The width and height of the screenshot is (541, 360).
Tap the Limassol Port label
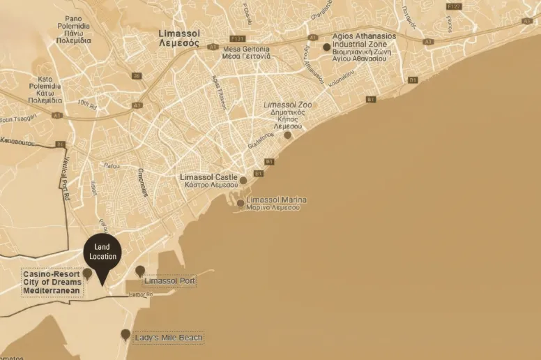[169, 281]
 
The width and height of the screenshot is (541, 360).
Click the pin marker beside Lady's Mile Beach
[125, 335]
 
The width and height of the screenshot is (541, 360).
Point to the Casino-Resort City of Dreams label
[52, 283]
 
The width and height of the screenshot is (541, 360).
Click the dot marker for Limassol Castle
[243, 181]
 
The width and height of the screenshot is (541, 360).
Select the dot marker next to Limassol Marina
[241, 204]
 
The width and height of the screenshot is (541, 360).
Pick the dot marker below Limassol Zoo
[287, 135]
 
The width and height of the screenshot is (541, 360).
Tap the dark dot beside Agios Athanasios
[326, 47]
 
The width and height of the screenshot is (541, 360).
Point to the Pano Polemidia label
[73, 29]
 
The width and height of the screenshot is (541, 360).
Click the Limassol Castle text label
[208, 181]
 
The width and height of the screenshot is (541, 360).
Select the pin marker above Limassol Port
[140, 271]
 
